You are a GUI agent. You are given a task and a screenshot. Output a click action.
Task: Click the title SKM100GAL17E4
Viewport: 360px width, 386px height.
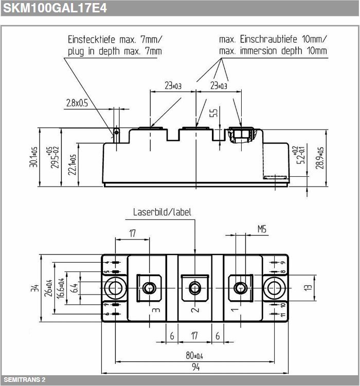(x=55, y=8)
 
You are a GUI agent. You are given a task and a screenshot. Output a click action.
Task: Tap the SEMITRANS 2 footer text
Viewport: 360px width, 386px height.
(x=25, y=379)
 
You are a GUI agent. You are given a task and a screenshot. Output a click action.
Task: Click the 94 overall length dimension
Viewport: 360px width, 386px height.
(x=196, y=367)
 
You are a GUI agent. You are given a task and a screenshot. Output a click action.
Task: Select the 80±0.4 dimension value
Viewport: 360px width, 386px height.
(x=194, y=356)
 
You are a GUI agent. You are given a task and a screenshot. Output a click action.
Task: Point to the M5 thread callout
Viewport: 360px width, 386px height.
(x=262, y=229)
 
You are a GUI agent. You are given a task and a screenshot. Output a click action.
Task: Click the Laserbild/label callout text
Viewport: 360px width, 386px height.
(x=162, y=212)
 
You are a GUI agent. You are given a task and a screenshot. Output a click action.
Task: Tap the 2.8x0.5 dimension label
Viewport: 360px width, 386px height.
(x=77, y=103)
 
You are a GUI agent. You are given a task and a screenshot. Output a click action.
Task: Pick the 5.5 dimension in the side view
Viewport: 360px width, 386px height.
(x=214, y=113)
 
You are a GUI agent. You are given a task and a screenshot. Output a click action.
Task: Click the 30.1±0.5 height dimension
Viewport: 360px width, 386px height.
(x=33, y=157)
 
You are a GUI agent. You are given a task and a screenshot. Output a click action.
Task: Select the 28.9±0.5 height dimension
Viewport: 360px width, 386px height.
(x=319, y=158)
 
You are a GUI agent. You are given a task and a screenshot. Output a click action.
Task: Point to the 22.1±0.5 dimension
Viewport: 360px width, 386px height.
(x=72, y=164)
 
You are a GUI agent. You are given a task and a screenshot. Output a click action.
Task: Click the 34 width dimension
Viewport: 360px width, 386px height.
(x=35, y=288)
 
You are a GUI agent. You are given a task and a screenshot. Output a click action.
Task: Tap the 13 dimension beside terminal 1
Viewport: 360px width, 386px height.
(x=308, y=287)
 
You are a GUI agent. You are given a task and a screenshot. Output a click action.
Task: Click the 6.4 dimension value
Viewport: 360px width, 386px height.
(x=74, y=288)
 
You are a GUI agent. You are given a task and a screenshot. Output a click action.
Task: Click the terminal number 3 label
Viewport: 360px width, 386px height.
(x=156, y=310)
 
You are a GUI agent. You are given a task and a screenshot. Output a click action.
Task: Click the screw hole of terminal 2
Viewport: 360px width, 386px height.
(x=194, y=288)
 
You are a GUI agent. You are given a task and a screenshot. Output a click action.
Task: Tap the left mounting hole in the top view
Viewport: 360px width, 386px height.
(x=115, y=288)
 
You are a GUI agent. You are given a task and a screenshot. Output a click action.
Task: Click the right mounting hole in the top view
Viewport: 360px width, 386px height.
(x=274, y=288)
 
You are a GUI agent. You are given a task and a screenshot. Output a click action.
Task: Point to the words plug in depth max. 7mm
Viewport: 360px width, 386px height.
(x=115, y=51)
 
